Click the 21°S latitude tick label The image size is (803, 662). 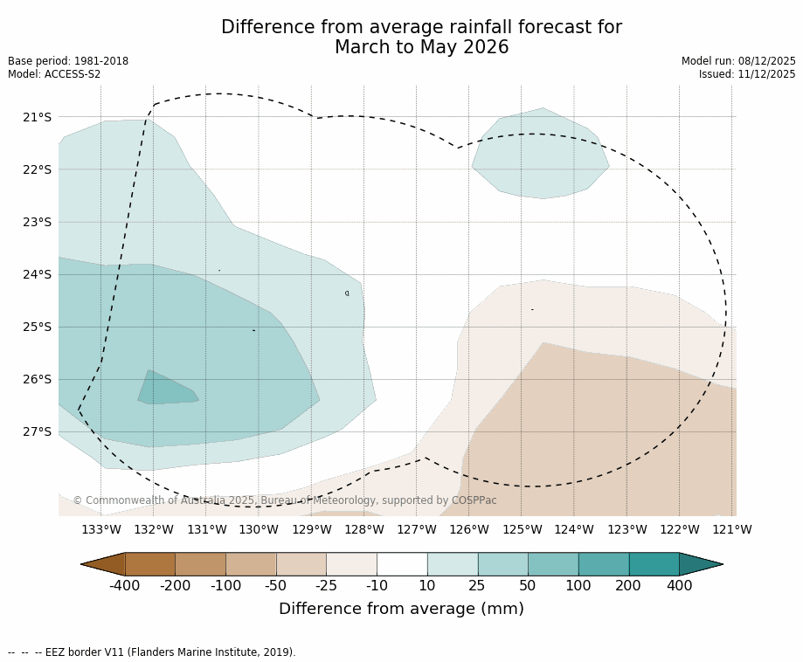pos(36,117)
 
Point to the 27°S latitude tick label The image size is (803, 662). pos(36,431)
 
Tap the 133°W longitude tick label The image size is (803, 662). pos(101,529)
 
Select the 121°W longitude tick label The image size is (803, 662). pos(732,529)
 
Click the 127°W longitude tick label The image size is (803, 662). pos(417,529)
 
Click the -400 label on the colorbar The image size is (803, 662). pos(125,585)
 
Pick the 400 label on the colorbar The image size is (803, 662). pos(679,585)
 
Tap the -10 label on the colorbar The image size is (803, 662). pos(377,585)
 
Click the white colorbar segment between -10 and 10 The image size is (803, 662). pos(402,564)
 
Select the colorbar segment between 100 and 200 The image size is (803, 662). pos(604,564)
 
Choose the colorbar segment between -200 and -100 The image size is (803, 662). pos(200,564)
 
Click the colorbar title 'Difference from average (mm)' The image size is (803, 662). pos(401,609)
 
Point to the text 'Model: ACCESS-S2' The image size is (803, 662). pos(54,74)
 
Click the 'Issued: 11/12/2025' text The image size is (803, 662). pos(747,74)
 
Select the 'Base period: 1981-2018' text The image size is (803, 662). pos(68,61)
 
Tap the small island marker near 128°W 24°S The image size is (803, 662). pos(347,293)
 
